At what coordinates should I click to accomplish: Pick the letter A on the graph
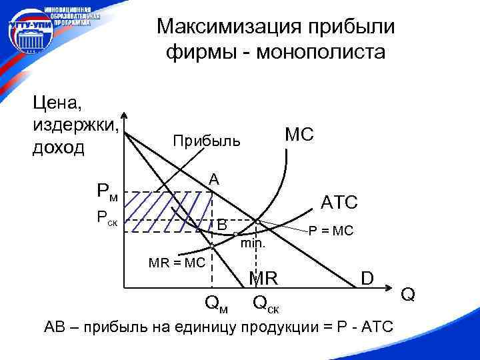214,179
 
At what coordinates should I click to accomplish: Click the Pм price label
107,193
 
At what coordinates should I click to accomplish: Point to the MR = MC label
176,263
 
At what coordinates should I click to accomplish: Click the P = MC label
331,231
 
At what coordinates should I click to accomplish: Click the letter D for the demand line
367,276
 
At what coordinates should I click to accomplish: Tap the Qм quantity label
216,305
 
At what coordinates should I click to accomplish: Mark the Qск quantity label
266,305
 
